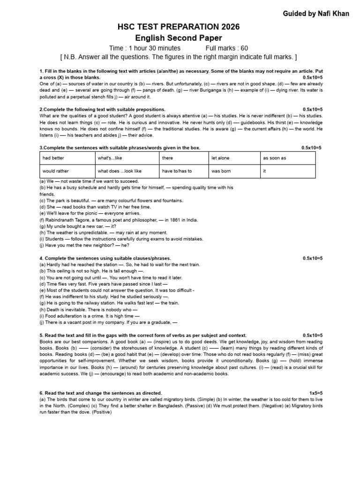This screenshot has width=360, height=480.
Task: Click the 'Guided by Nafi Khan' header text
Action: [315, 14]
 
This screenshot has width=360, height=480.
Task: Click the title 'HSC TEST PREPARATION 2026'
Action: [178, 27]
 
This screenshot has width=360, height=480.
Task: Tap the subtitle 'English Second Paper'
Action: [178, 38]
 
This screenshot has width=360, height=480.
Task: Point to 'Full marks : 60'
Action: [227, 48]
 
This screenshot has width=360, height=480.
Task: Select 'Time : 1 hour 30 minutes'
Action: [144, 48]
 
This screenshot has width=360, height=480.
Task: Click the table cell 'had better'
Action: [53, 158]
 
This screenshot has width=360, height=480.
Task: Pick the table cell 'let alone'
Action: [221, 158]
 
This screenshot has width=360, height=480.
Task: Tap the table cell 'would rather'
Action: [56, 172]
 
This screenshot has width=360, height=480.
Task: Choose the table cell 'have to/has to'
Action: [177, 172]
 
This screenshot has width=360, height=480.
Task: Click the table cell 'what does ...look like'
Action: [120, 172]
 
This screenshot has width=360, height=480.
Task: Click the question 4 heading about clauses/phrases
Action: [105, 258]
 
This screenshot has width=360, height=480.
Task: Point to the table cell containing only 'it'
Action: [265, 172]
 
